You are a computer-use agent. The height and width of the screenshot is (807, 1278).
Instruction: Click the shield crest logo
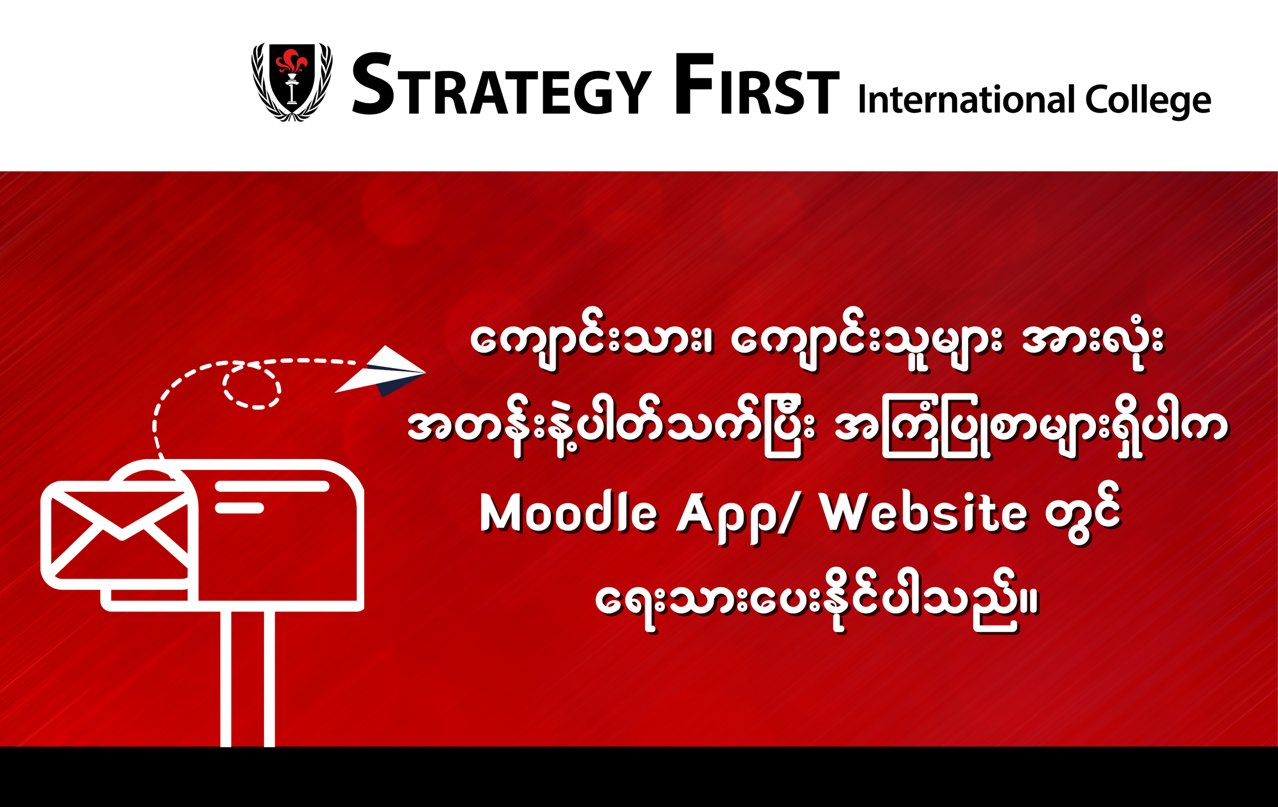click(292, 82)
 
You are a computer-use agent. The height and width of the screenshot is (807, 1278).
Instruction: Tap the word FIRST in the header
click(757, 84)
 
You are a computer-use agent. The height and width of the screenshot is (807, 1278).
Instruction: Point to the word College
click(1148, 101)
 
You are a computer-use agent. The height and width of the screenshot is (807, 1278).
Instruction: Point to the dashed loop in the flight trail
click(252, 386)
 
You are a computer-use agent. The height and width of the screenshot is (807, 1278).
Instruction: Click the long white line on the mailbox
click(272, 486)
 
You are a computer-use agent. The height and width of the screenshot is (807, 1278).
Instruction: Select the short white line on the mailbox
click(239, 508)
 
